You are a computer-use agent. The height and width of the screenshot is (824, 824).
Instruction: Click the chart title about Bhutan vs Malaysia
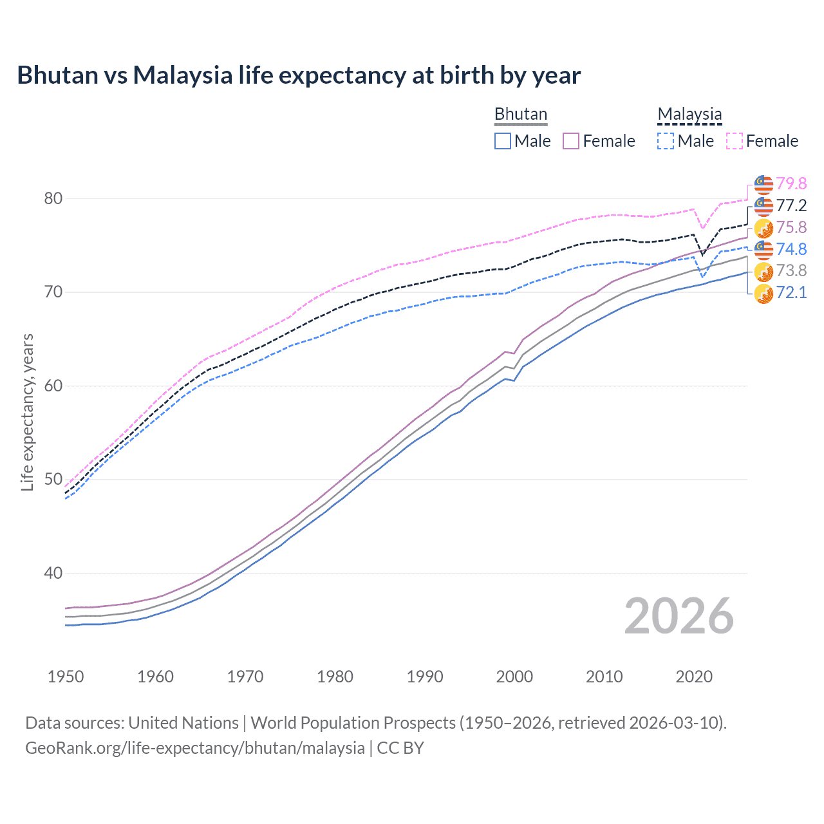(x=299, y=75)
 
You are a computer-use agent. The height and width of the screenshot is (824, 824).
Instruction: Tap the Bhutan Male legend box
(x=503, y=141)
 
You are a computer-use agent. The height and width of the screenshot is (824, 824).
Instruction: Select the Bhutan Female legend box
(x=571, y=141)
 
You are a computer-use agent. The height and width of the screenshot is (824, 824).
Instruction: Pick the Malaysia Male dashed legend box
(x=666, y=141)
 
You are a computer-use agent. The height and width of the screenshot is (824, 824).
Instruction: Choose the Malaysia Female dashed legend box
(x=735, y=141)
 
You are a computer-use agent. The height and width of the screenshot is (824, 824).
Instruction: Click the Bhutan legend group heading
(x=521, y=114)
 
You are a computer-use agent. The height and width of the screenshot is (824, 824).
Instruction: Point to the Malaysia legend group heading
(x=689, y=114)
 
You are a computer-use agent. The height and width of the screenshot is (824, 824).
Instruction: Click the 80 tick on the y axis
(x=53, y=198)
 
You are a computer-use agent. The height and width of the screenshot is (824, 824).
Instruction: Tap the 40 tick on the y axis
(x=53, y=573)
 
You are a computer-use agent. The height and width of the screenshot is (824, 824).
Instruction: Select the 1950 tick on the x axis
(x=66, y=677)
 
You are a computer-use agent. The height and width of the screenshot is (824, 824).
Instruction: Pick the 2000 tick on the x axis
(x=514, y=677)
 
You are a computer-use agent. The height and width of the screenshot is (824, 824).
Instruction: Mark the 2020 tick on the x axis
(x=694, y=677)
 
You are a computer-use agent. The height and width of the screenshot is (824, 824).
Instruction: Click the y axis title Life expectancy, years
(x=27, y=412)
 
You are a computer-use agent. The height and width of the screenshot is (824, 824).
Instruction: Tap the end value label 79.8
(x=791, y=183)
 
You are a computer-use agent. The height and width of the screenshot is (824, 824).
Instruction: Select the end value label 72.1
(x=791, y=292)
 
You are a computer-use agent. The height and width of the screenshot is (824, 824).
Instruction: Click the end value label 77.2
(x=791, y=205)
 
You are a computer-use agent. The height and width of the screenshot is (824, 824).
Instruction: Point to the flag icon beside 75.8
(x=763, y=228)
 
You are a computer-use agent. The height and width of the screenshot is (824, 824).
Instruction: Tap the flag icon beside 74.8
(x=763, y=250)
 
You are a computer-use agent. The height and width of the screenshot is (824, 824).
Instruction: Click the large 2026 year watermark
(x=679, y=616)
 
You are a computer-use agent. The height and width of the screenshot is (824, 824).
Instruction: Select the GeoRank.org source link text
(x=195, y=748)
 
